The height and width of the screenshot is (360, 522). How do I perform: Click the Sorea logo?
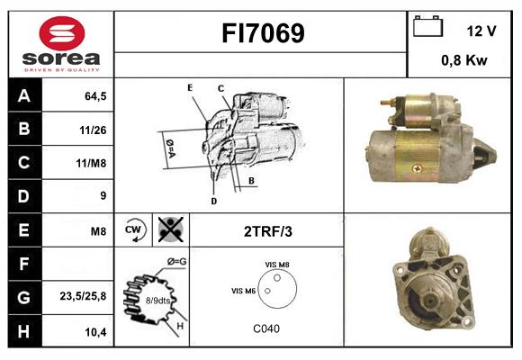(60, 44)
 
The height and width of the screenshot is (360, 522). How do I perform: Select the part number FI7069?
(262, 34)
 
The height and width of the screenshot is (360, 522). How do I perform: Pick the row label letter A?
(23, 96)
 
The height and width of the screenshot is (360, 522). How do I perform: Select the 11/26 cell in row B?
(93, 130)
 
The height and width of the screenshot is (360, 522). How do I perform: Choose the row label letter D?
(23, 196)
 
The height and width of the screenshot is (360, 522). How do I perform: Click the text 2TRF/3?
(267, 230)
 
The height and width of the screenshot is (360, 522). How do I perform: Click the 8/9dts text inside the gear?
(157, 301)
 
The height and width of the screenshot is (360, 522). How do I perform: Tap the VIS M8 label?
(277, 263)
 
